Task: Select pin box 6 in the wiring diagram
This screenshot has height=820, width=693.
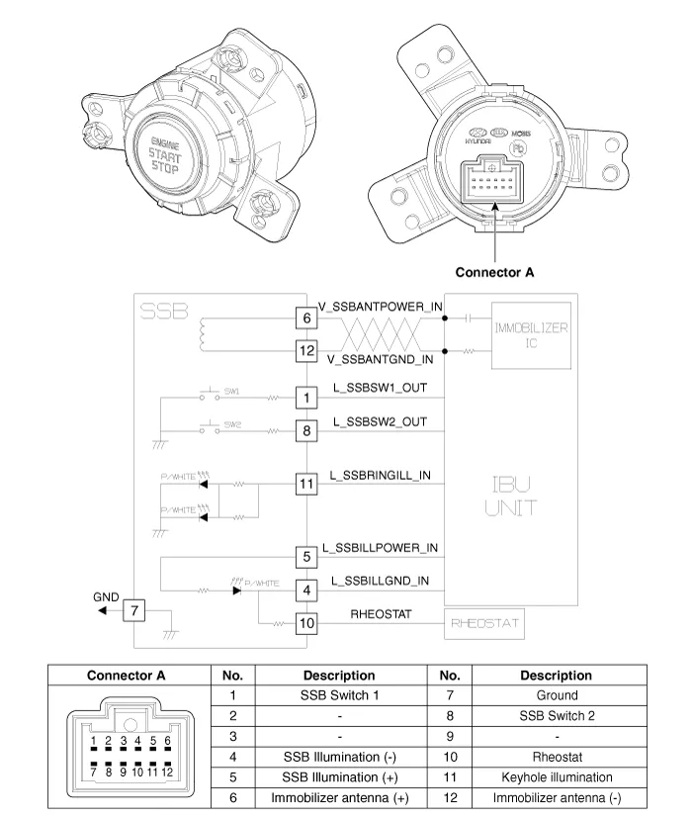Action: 307,318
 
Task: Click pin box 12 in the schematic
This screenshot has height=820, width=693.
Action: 307,350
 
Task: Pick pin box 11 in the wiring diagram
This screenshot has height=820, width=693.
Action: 307,484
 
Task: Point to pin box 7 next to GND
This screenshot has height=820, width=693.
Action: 135,610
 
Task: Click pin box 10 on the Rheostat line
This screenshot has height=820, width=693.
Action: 307,623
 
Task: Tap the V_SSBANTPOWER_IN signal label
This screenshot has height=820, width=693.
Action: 381,307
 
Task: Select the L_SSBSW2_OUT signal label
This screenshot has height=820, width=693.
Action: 380,421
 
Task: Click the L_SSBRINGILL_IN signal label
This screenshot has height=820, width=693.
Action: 381,475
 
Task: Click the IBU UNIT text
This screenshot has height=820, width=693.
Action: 511,496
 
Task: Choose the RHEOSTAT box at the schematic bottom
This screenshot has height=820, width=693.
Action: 483,624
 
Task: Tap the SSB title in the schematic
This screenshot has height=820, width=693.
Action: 164,311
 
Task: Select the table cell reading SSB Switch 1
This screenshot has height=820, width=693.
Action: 339,695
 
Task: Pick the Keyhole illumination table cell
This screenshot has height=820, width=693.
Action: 556,777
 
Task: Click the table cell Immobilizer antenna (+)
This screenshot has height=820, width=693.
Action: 339,798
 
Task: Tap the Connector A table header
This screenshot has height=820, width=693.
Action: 127,676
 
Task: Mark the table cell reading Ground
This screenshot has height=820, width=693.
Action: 556,695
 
